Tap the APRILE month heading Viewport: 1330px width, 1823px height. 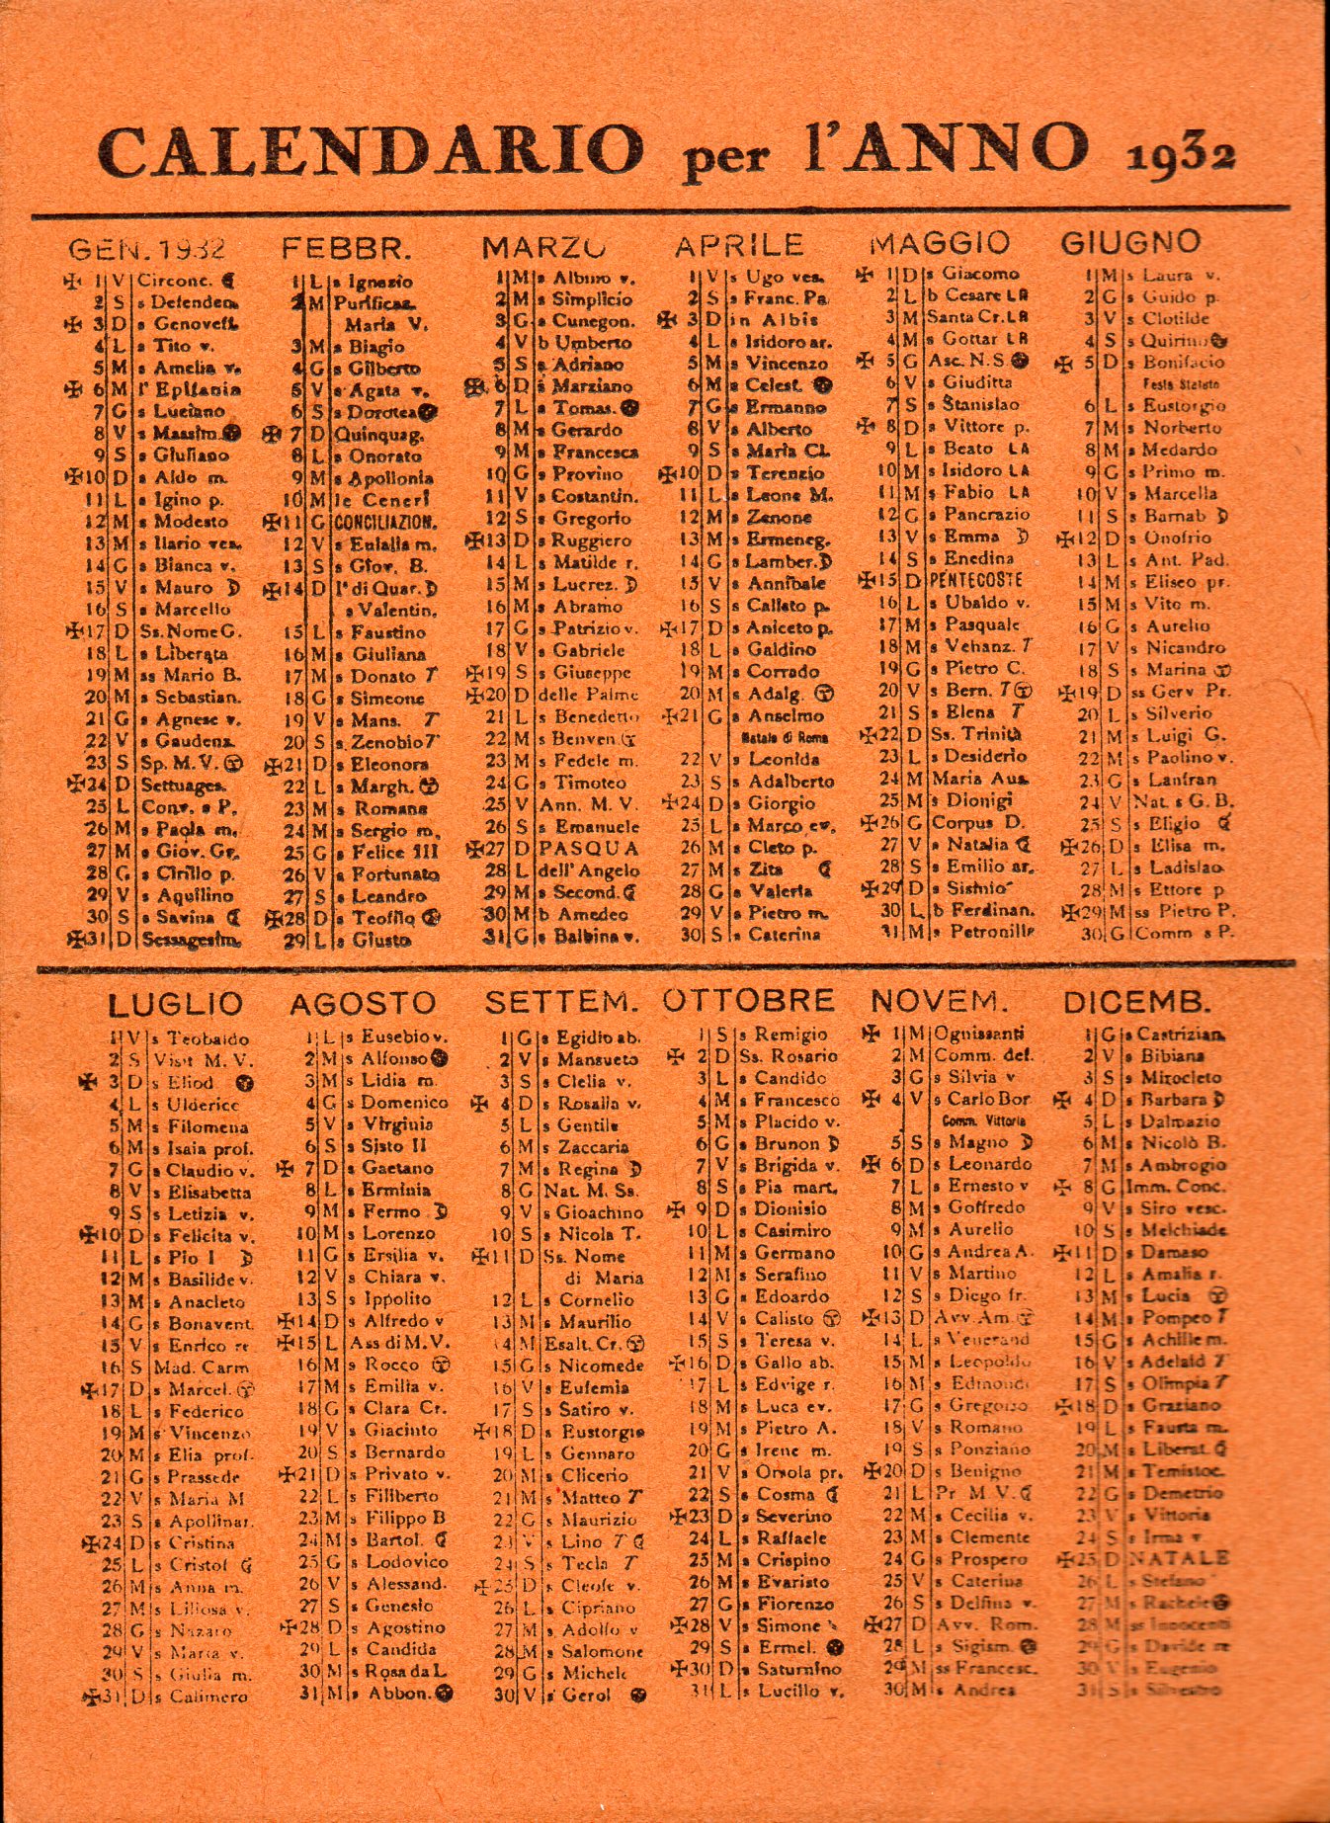(x=739, y=245)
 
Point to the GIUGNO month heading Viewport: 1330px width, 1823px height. (x=1130, y=242)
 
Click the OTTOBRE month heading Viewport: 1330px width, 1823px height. (x=748, y=1000)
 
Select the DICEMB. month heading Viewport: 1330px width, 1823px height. (x=1136, y=1002)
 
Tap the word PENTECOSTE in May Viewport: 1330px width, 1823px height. (x=975, y=581)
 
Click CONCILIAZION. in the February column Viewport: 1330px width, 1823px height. (x=385, y=523)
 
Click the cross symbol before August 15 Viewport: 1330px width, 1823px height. (x=287, y=1342)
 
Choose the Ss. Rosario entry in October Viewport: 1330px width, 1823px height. (x=788, y=1056)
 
